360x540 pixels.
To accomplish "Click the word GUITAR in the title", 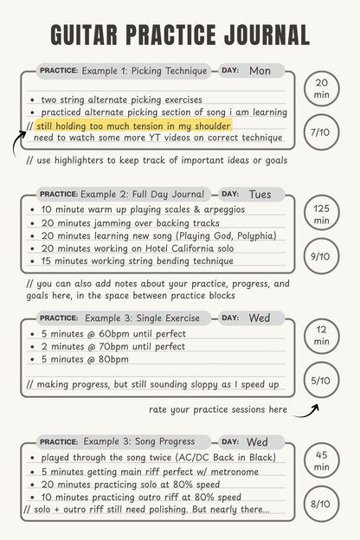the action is coord(84,35).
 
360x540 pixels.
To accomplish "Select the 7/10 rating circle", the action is coord(321,132).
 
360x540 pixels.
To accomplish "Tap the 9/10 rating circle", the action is coord(321,256).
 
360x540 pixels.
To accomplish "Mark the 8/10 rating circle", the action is coord(321,503).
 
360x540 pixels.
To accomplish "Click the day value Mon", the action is coord(260,70).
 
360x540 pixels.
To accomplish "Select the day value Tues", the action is coord(260,195).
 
